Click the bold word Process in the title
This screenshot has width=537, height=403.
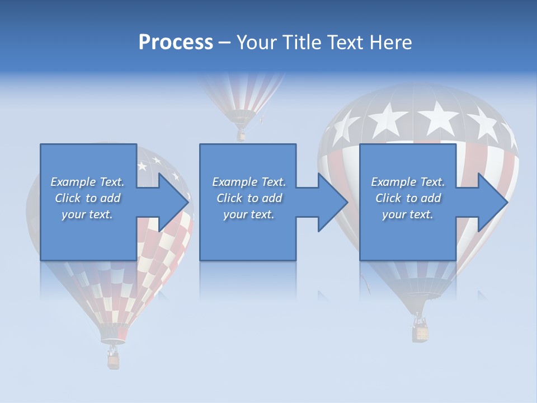click(176, 43)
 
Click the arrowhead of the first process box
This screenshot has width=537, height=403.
click(173, 202)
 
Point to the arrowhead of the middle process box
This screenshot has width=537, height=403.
click(332, 202)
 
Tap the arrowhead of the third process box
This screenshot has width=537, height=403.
click(492, 202)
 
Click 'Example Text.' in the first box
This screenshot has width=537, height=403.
click(87, 182)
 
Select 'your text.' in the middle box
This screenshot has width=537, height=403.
click(248, 214)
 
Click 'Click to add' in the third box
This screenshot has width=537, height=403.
click(408, 198)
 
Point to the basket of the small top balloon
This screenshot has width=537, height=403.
click(241, 135)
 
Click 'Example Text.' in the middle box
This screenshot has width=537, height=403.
click(248, 182)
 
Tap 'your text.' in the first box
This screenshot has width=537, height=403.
click(87, 214)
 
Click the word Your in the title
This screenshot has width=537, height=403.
click(255, 43)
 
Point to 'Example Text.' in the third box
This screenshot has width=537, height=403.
click(408, 182)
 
